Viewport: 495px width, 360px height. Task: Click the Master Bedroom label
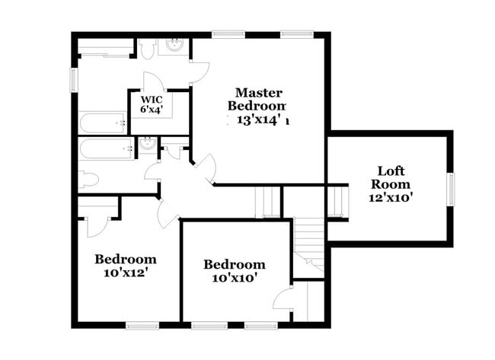[260, 99]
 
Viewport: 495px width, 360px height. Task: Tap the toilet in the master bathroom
[148, 47]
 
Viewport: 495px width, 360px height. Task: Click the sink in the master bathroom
[174, 44]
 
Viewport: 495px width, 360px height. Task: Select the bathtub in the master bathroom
[103, 122]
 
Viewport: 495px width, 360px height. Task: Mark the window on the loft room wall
[450, 190]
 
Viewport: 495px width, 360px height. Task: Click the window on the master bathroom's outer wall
[75, 78]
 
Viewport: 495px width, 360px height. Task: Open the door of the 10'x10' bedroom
[284, 298]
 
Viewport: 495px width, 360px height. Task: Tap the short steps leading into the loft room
[336, 202]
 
